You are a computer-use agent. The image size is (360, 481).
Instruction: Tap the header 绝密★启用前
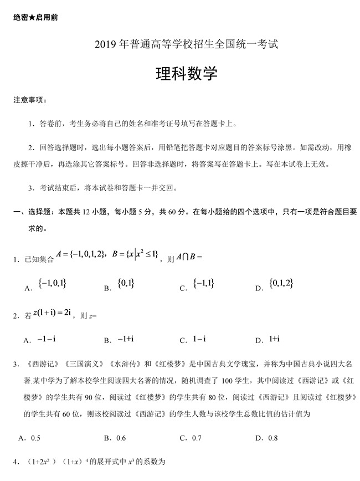35,17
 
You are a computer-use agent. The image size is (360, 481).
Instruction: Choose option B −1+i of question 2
126,339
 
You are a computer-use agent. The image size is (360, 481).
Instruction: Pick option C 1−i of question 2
199,339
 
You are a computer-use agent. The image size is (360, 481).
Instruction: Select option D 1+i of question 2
275,339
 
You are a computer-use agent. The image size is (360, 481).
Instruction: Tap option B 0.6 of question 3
117,438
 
